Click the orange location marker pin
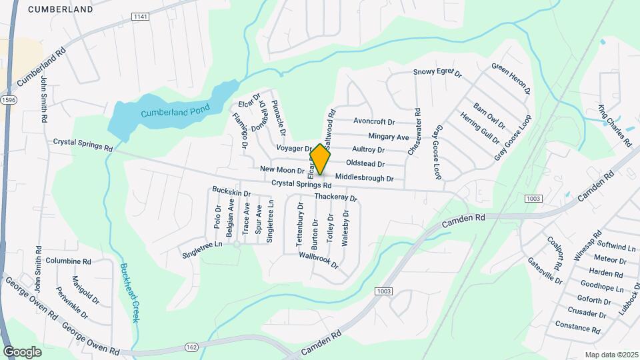320,159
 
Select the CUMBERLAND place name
60,9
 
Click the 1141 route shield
140,16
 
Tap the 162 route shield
192,347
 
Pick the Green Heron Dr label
511,78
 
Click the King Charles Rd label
614,125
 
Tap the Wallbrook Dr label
319,260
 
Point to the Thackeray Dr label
335,197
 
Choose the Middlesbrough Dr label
365,178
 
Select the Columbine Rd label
68,261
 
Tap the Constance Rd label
577,328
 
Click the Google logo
22,351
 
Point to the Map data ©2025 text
611,355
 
